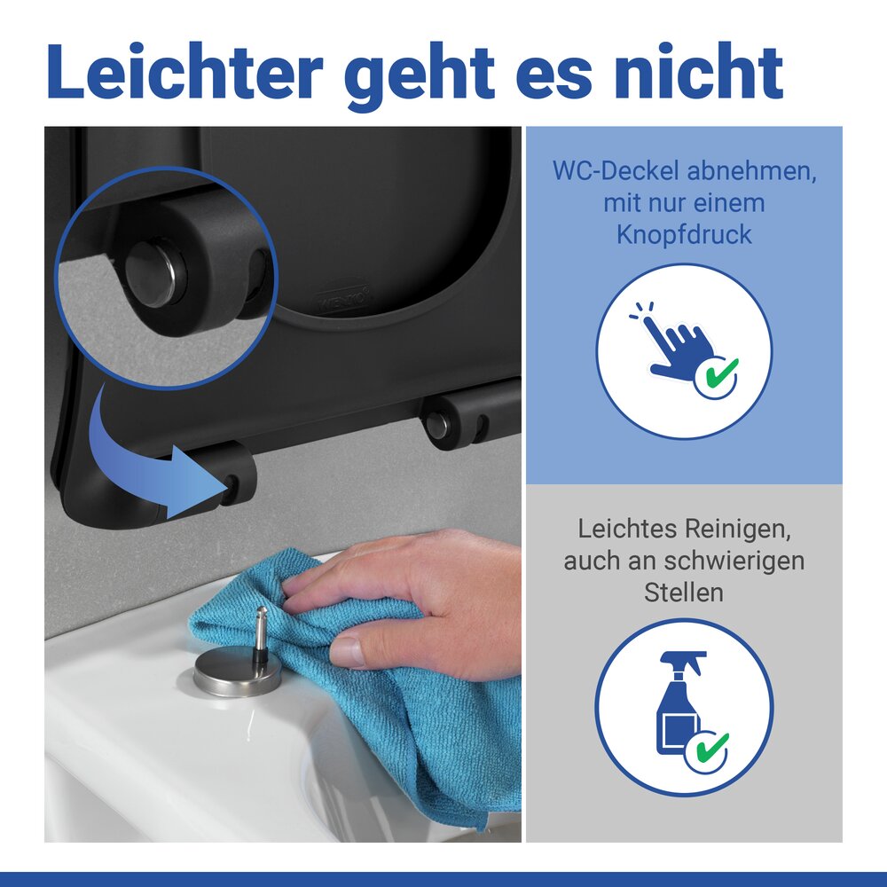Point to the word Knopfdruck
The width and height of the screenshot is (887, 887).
684,235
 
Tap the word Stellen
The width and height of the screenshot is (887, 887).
684,592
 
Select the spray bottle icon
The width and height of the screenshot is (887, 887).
679,703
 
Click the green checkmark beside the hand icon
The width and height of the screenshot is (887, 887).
716,375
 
